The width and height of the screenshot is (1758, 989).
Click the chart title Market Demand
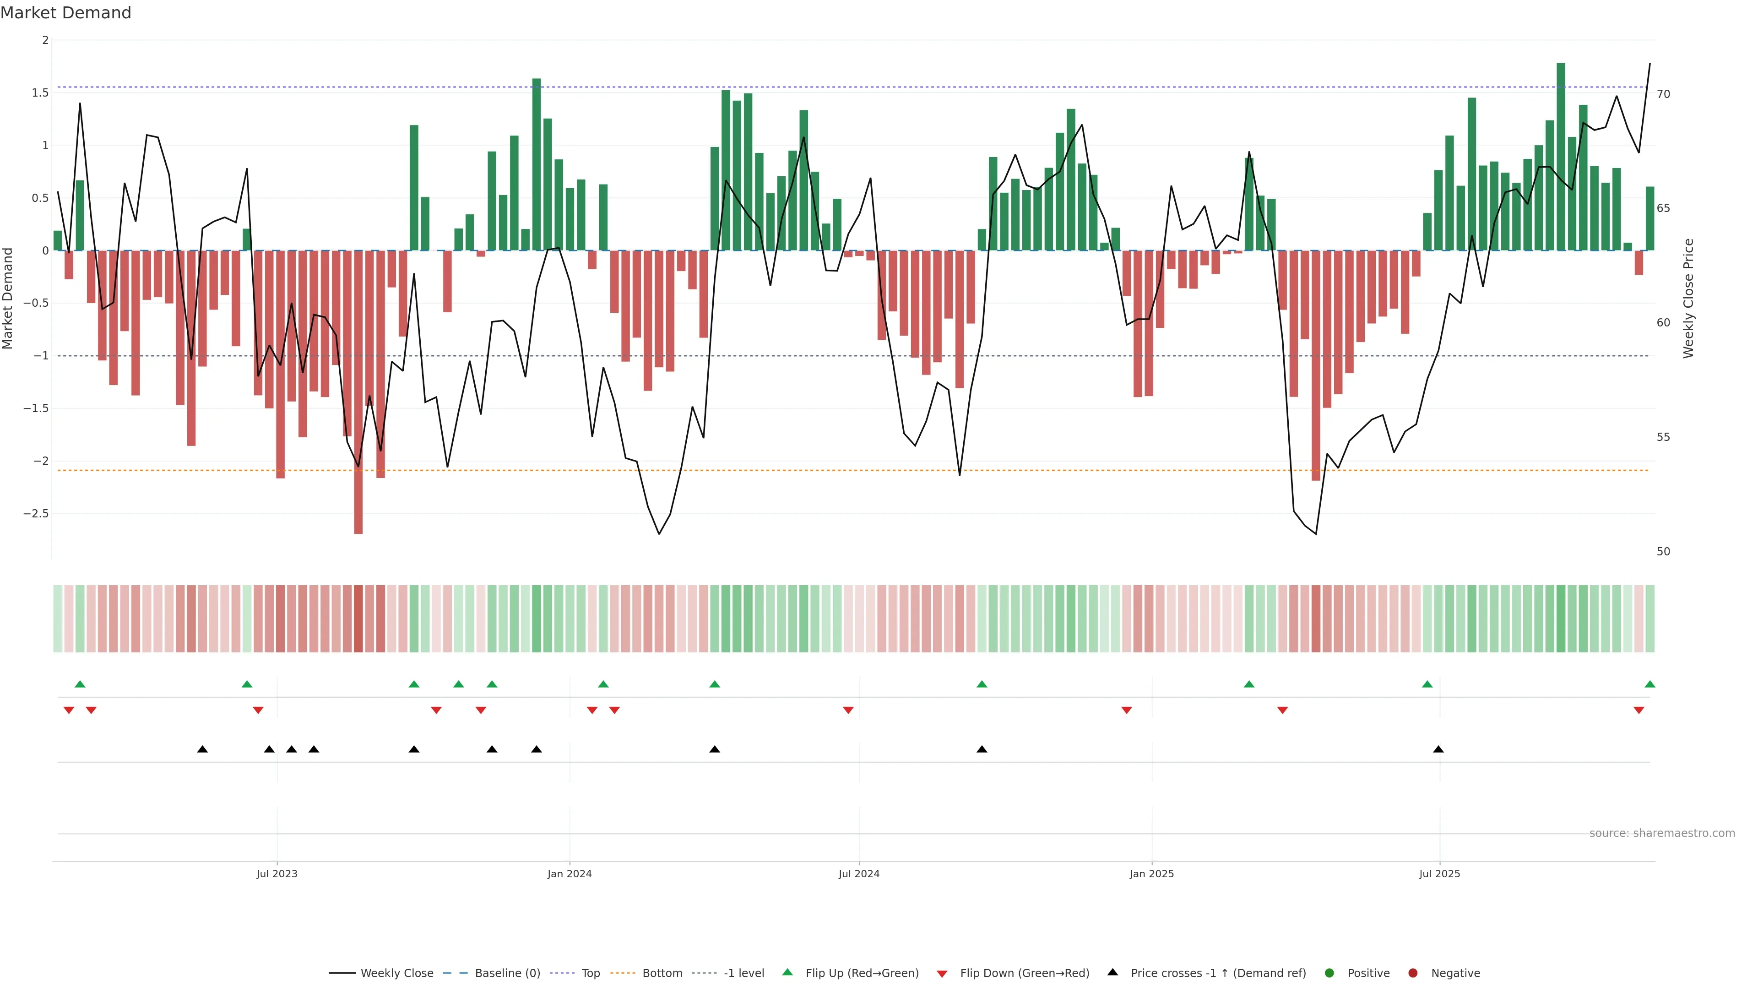(x=65, y=13)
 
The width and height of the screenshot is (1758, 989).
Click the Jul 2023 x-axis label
(x=277, y=874)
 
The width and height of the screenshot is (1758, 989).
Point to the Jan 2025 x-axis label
(x=1151, y=874)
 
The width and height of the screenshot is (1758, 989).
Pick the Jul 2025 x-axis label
(x=1439, y=874)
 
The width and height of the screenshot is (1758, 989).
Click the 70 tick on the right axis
(x=1664, y=94)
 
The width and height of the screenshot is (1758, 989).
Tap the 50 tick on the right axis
(x=1664, y=551)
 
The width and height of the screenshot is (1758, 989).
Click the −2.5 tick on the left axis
(x=36, y=513)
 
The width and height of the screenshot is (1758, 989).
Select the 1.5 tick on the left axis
(x=40, y=93)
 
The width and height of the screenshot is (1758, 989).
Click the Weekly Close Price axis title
(x=1688, y=298)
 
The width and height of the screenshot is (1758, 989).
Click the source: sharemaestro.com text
(x=1662, y=833)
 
